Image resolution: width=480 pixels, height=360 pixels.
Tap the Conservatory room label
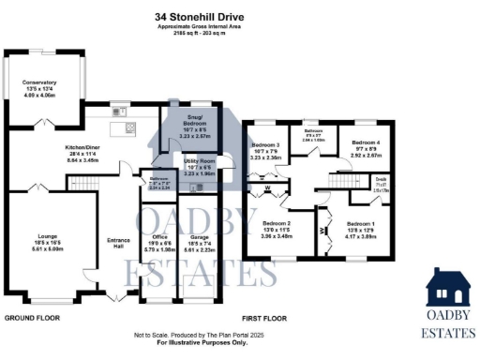[x=39, y=82]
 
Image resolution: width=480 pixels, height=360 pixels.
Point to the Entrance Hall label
[x=118, y=241]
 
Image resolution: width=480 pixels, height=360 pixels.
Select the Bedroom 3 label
[x=267, y=145]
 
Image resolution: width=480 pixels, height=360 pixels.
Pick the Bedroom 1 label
[x=361, y=223]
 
